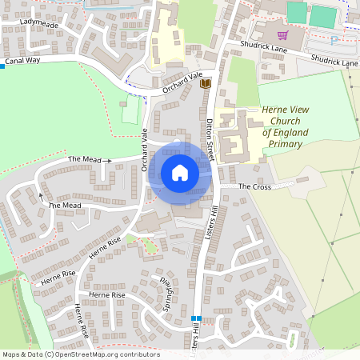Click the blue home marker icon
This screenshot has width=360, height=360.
[x=180, y=173]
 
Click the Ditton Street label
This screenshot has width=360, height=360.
[x=211, y=133]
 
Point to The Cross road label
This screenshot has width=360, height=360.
[x=256, y=186]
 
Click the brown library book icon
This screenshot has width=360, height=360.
[x=205, y=82]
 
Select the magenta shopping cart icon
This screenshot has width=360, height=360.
[x=282, y=35]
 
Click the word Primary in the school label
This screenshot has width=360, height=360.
[x=286, y=144]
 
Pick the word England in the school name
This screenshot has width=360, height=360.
[x=286, y=133]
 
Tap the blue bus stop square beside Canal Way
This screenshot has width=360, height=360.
[x=2, y=66]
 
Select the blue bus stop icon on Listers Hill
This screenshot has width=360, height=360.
[x=196, y=318]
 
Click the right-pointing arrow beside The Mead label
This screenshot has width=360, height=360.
[x=107, y=160]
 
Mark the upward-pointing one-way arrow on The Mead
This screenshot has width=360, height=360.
[x=41, y=194]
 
